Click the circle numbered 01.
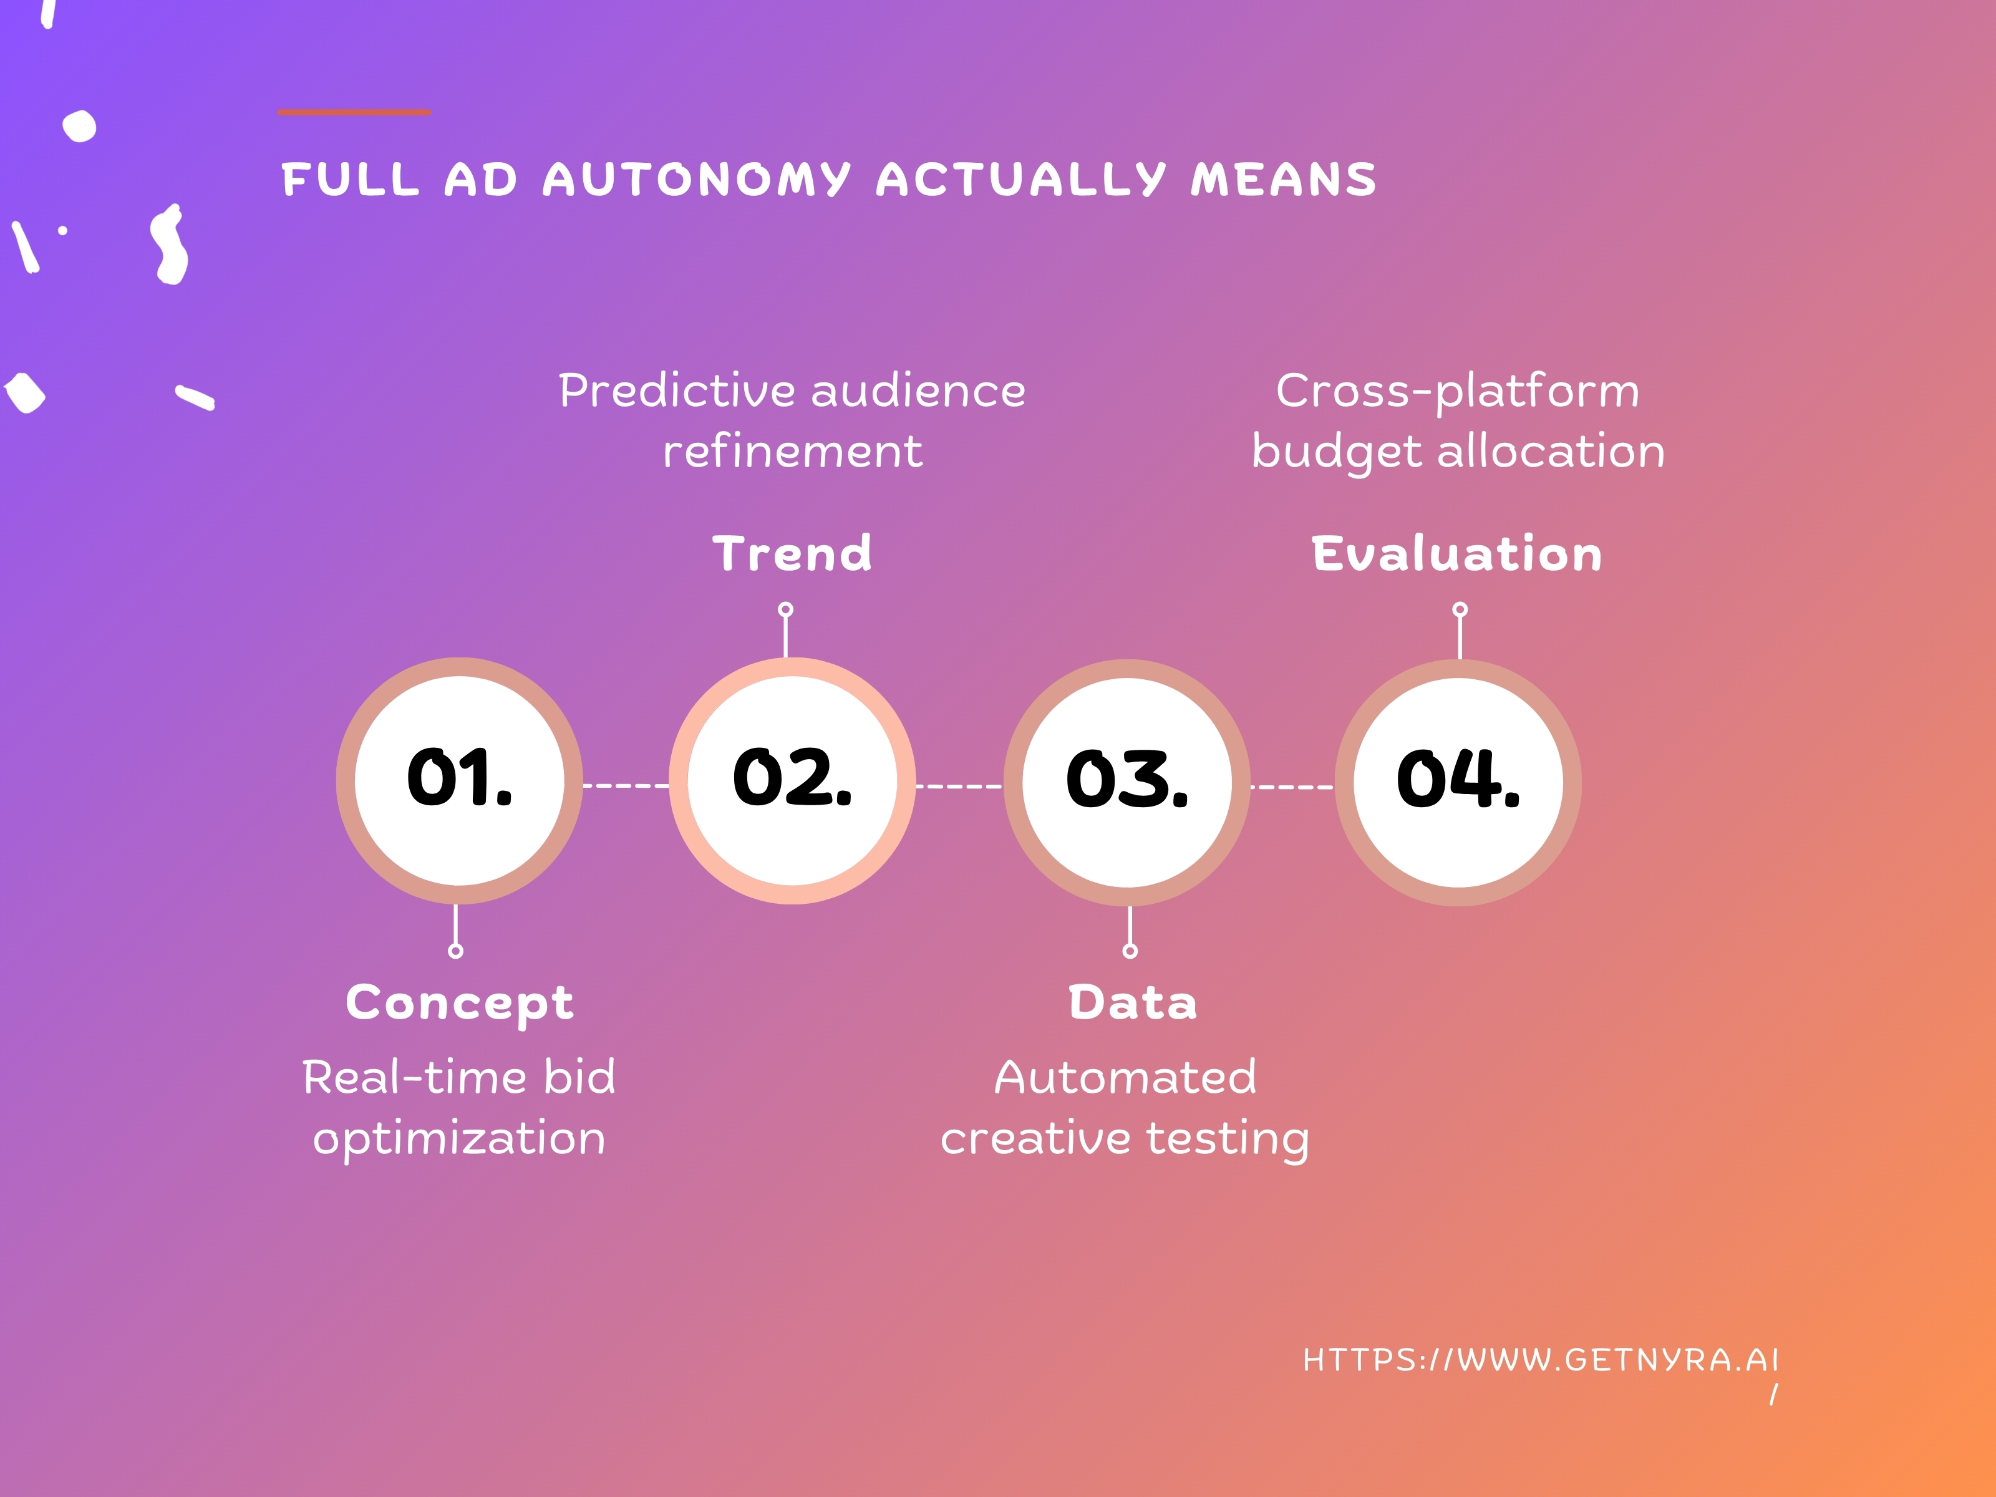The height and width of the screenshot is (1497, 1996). tap(459, 780)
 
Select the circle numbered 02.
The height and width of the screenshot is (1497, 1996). tap(792, 780)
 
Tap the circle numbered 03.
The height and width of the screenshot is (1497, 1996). tap(1127, 782)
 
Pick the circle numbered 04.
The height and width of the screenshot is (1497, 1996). tap(1458, 782)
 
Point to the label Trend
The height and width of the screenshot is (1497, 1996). tap(792, 554)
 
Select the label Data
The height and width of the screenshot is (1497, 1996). tap(1133, 1002)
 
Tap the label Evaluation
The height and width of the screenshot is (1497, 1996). tap(1457, 554)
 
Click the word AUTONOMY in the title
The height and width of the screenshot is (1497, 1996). tap(697, 180)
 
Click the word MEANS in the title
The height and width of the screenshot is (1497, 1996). tap(1284, 180)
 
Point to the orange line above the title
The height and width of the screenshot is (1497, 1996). tap(355, 112)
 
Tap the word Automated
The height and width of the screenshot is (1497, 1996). tap(1125, 1077)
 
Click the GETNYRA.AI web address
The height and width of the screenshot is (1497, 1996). tap(1540, 1360)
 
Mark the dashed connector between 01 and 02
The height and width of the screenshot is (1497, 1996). tap(626, 786)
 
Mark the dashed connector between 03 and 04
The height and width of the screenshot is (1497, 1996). tap(1292, 787)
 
